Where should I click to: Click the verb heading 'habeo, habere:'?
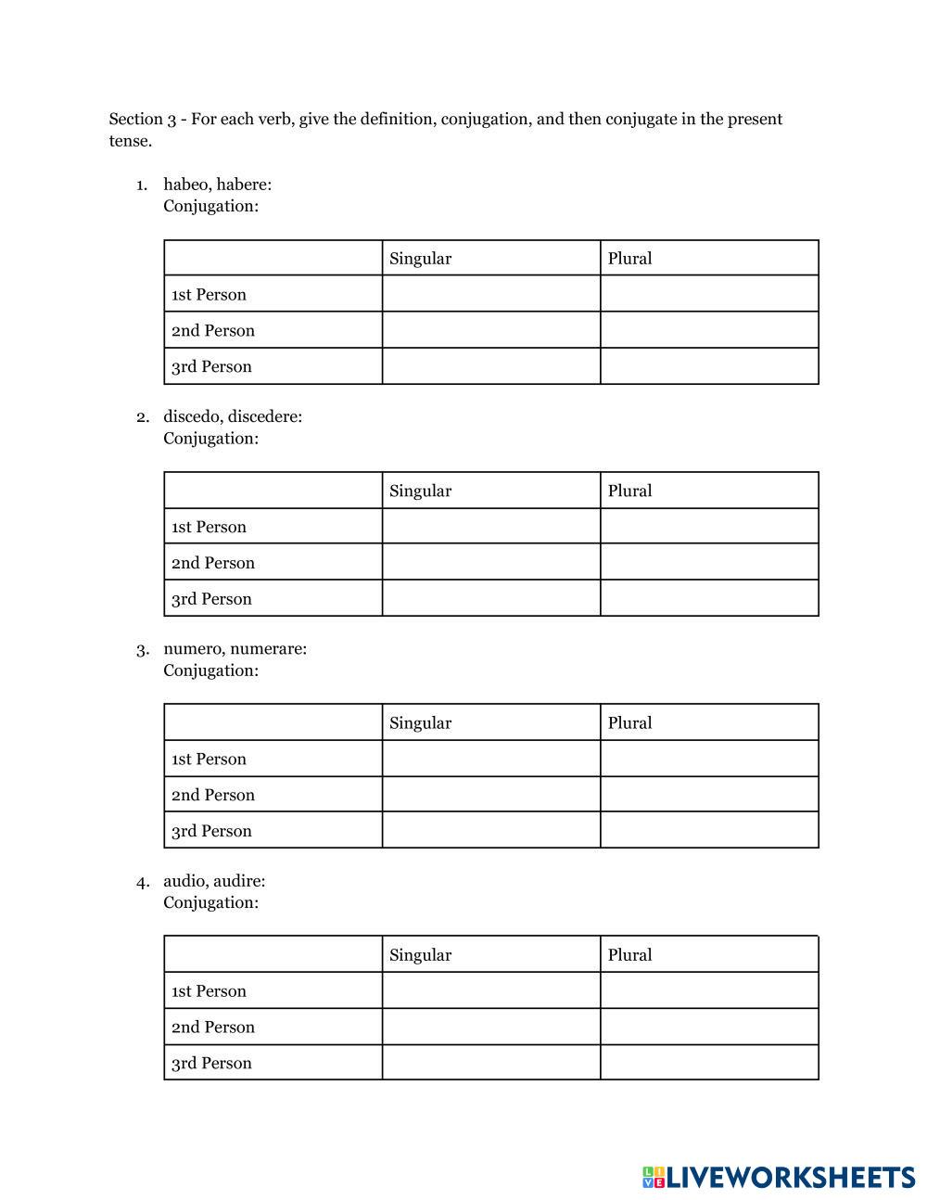(217, 185)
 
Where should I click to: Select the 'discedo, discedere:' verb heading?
(233, 416)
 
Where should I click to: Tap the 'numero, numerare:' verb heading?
(235, 649)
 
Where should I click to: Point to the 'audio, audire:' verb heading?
(214, 881)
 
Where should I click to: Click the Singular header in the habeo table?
(420, 259)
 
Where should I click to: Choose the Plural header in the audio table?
(629, 955)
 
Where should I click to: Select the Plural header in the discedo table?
(629, 491)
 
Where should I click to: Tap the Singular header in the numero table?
(420, 723)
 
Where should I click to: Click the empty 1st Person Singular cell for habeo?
(491, 294)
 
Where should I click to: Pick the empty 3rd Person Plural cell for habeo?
(709, 366)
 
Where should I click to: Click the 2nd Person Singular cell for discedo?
(491, 562)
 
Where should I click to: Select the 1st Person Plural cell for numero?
(709, 759)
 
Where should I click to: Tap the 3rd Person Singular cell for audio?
(491, 1063)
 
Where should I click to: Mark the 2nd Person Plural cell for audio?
(709, 1027)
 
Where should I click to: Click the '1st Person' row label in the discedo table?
(209, 527)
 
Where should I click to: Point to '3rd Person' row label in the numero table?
(211, 831)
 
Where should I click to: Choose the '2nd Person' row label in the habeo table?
(212, 331)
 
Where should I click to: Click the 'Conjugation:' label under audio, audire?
(210, 902)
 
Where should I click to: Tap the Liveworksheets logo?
(778, 1177)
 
